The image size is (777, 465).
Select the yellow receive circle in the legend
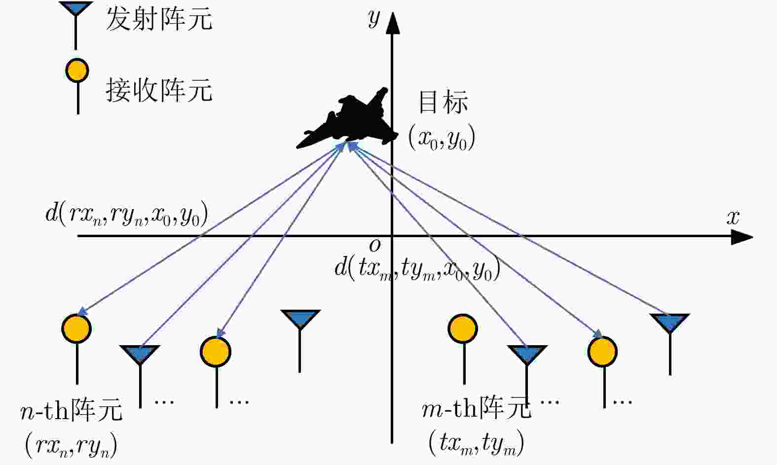[x=77, y=71]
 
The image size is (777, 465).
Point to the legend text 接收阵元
[x=159, y=90]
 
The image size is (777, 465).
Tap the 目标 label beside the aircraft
[x=443, y=102]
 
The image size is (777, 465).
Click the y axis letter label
[x=374, y=18]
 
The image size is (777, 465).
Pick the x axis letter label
[x=733, y=217]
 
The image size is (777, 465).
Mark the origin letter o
[x=375, y=245]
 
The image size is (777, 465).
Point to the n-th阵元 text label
[x=71, y=410]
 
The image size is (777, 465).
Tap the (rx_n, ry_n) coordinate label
[x=71, y=445]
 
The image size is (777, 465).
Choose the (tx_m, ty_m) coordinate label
[x=476, y=443]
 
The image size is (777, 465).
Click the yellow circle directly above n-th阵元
[x=76, y=328]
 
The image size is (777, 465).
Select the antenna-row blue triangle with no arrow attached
[x=300, y=318]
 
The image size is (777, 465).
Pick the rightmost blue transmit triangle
[x=669, y=322]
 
